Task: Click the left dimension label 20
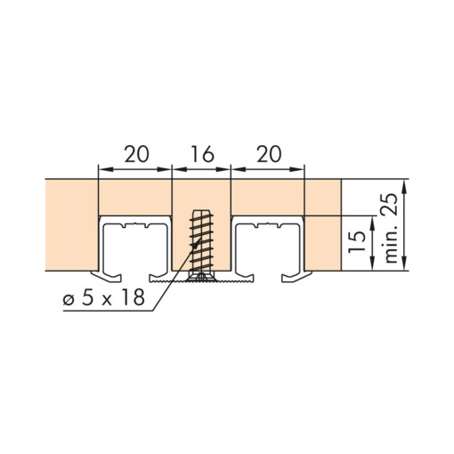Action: coord(136,154)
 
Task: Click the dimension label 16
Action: coord(202,154)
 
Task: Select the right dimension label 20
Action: coord(269,154)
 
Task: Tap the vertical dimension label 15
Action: coord(357,241)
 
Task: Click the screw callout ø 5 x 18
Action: coord(104,297)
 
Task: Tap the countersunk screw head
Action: coord(201,277)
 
